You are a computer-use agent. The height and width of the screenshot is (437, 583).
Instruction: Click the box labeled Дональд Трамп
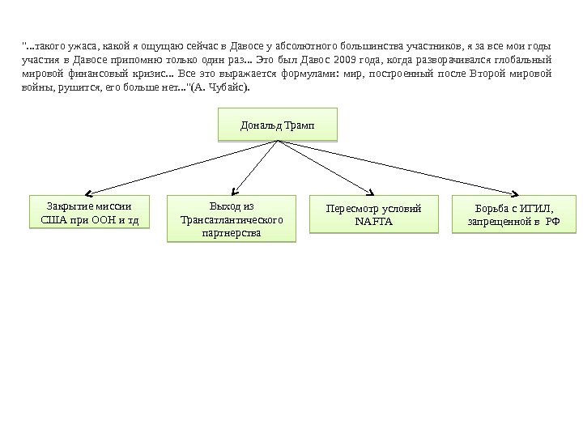(278, 125)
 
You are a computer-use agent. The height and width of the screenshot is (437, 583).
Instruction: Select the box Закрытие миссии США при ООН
(89, 212)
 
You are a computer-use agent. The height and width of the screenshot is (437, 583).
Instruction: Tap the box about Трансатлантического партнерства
(231, 218)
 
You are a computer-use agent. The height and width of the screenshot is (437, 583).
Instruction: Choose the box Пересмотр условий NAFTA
(373, 214)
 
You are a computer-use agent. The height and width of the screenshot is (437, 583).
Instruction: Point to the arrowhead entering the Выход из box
(236, 192)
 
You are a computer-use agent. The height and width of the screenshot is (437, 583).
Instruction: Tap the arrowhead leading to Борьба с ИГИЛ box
(514, 193)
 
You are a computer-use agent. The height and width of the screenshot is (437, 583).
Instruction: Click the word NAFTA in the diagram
(373, 221)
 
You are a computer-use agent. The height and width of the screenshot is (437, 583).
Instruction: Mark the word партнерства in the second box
(232, 232)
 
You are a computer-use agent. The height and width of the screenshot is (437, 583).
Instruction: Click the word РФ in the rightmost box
(553, 221)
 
